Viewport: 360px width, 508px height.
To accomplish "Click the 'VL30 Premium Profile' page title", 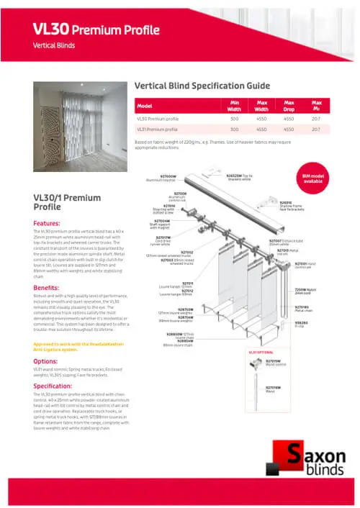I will tap(95, 29).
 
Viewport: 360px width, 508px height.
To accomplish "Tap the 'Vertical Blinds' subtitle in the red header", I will tap(55, 45).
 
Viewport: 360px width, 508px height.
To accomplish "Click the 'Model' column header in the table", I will tap(145, 105).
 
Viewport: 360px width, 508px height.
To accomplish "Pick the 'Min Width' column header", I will tap(234, 105).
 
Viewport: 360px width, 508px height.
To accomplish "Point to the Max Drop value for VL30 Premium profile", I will tap(289, 118).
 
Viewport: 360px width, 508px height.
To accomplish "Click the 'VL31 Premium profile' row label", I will tap(156, 130).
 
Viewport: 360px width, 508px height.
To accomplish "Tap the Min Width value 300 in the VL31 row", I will tap(234, 130).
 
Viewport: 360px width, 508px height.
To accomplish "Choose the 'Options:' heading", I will tap(45, 361).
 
